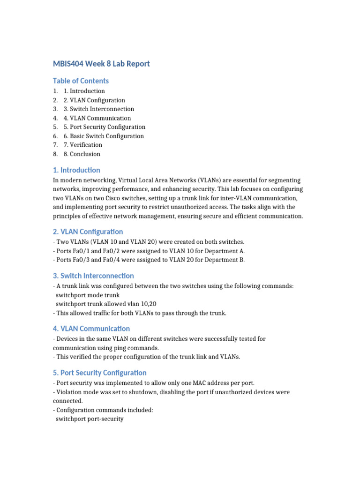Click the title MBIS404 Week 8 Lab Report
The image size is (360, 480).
point(101,63)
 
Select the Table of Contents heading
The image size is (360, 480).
point(81,81)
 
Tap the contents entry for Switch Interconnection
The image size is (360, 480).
point(99,109)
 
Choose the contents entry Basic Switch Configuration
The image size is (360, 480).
point(104,136)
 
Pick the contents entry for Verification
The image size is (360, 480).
point(83,145)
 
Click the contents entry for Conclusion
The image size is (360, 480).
point(82,154)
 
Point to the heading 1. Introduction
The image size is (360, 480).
point(76,170)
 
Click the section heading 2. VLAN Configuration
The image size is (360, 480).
point(88,232)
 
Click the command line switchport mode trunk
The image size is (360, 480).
point(88,295)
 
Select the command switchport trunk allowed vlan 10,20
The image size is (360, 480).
point(106,304)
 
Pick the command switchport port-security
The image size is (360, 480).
point(90,419)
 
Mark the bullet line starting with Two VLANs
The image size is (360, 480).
point(149,242)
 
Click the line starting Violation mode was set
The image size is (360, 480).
point(171,391)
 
